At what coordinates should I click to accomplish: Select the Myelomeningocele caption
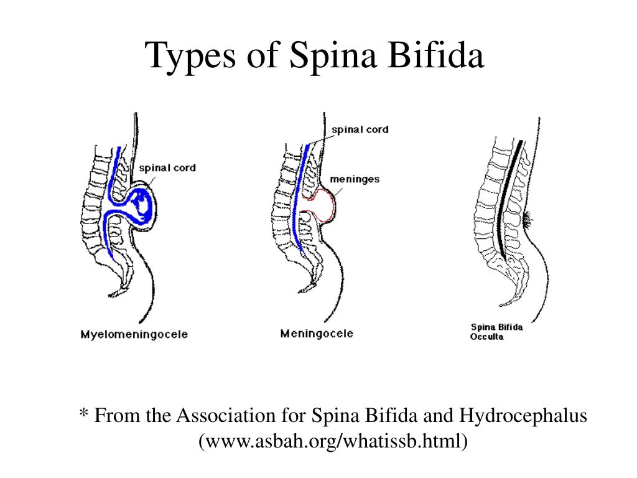(134, 335)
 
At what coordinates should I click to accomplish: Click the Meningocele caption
(317, 334)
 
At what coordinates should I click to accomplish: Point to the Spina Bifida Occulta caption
(496, 331)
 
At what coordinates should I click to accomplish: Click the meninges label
(354, 179)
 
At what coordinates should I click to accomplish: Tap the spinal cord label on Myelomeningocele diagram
(167, 167)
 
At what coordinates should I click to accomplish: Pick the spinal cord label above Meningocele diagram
(360, 129)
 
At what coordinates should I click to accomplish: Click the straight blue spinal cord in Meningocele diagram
(301, 199)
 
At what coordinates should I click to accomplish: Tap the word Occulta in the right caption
(487, 337)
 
